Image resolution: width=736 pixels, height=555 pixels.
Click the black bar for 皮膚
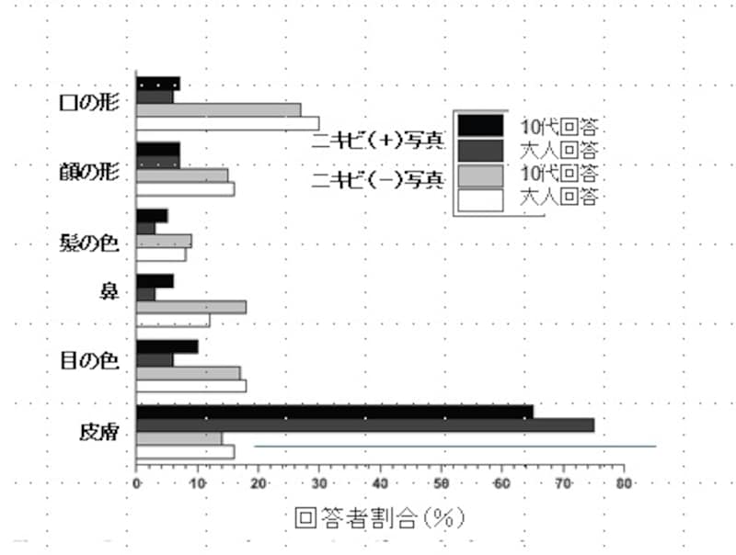tap(335, 412)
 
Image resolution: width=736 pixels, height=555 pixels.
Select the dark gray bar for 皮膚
tap(365, 425)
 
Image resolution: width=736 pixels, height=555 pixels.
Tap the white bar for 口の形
tap(227, 123)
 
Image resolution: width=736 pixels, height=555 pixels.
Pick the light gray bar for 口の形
tap(218, 109)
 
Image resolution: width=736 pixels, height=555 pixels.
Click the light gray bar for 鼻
tap(191, 307)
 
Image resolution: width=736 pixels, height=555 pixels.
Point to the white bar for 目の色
tap(191, 386)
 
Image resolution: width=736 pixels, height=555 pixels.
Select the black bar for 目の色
tap(167, 346)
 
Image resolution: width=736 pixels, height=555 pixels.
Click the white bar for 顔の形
tap(186, 189)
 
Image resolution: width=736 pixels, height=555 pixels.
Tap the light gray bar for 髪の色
tap(164, 241)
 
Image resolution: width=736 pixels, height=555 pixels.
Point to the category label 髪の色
tap(96, 244)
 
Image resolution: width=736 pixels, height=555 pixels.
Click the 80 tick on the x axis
tap(625, 483)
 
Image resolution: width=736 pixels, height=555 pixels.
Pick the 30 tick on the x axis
tap(319, 483)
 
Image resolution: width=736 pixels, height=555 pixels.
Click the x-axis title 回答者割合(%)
tap(380, 518)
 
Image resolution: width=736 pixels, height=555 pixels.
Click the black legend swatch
tap(480, 126)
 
